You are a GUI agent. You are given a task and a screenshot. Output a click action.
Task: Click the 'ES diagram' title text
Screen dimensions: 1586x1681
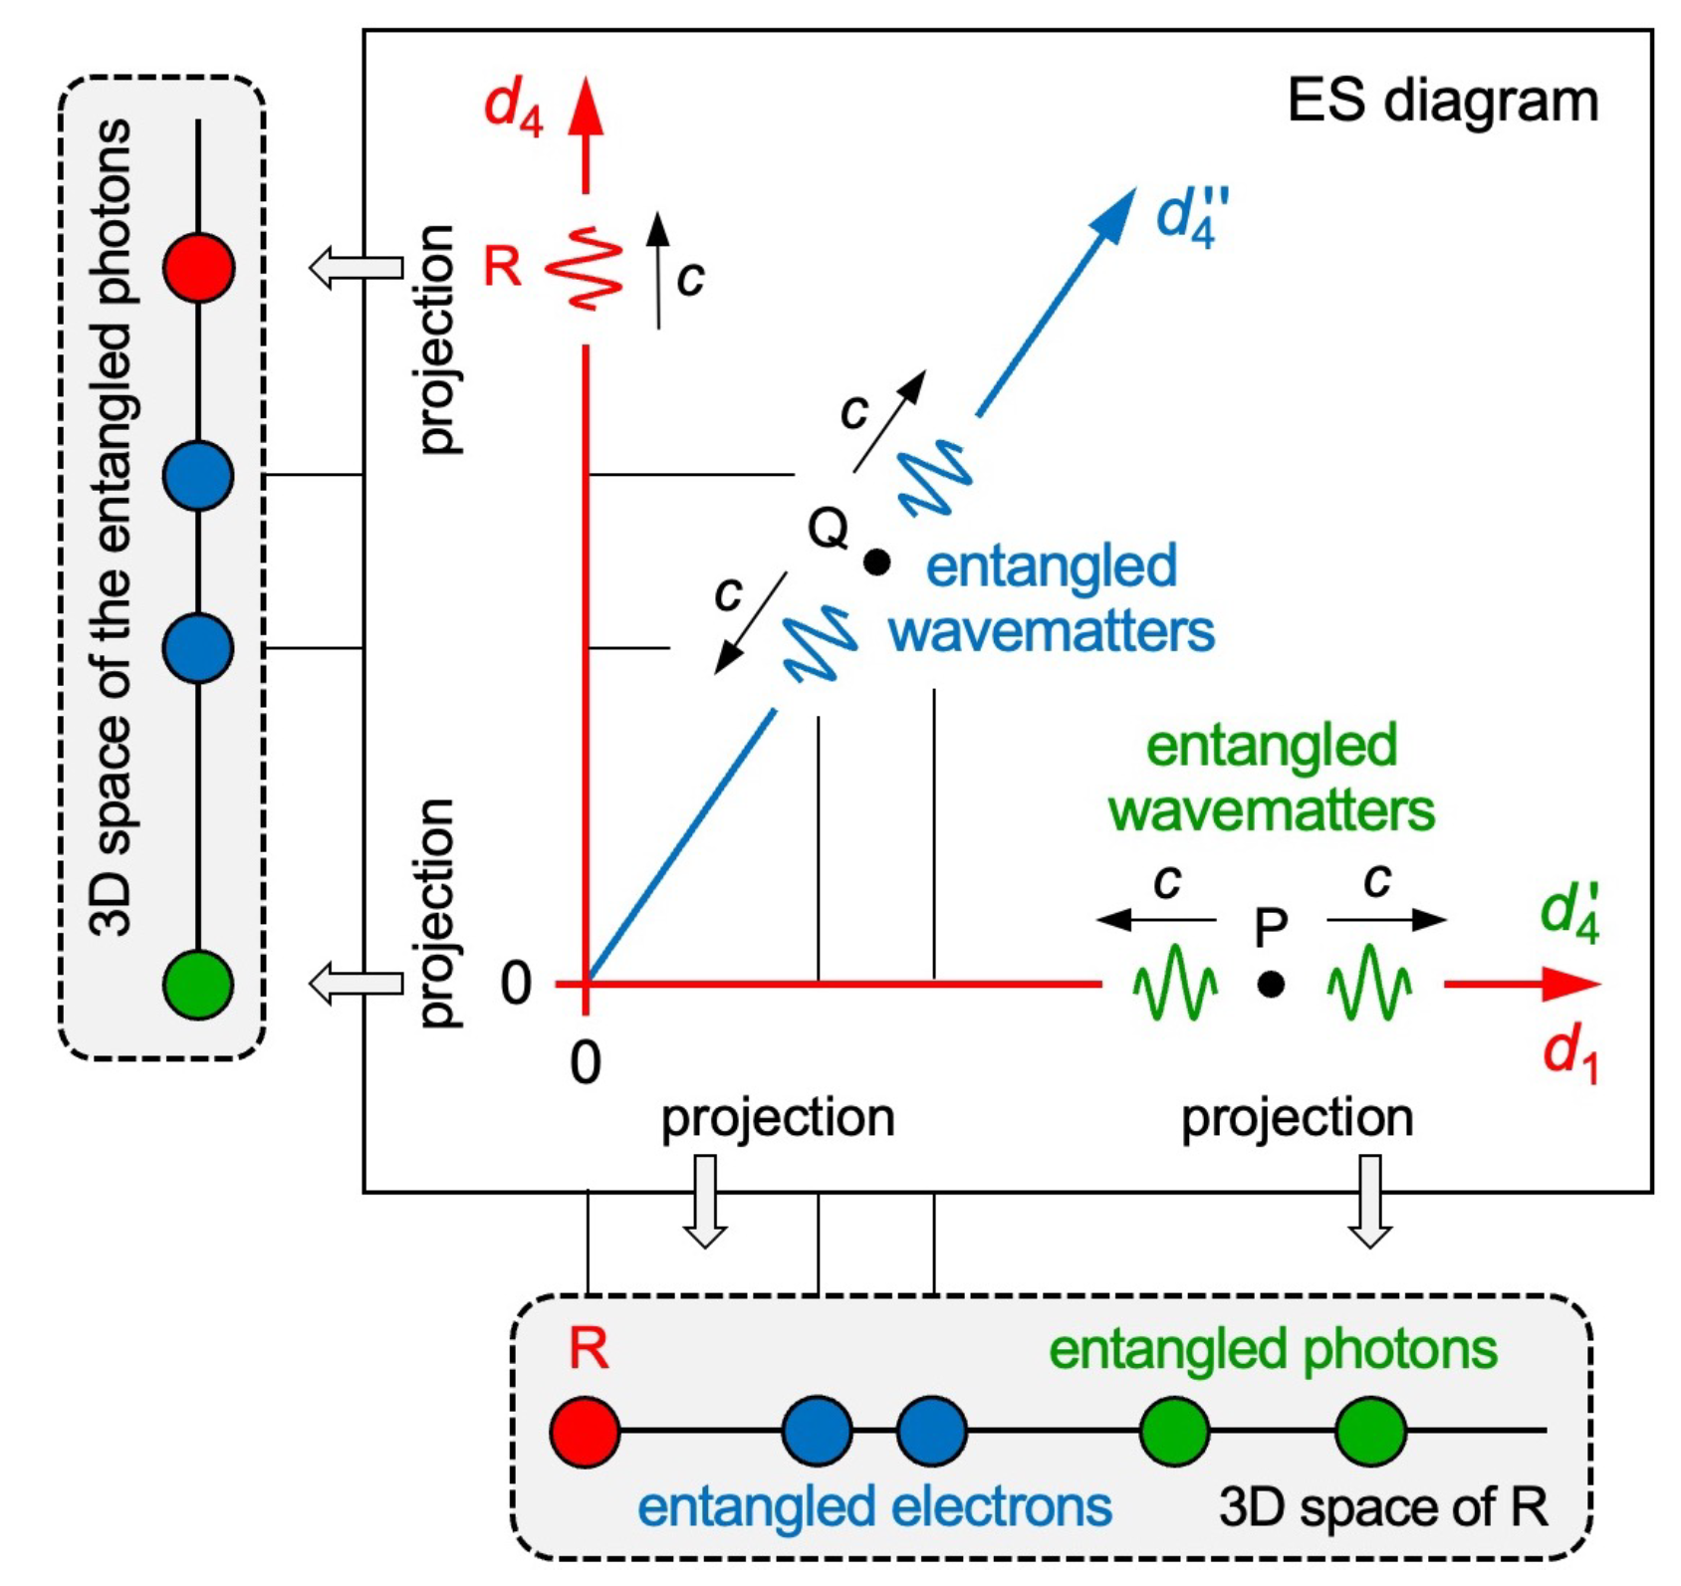tap(1441, 102)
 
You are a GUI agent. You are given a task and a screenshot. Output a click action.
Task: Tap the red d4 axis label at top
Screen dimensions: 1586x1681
tap(514, 107)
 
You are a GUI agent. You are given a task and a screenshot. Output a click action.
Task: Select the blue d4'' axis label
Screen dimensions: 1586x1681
tap(1192, 217)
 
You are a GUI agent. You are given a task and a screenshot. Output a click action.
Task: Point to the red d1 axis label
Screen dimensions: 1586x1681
tap(1569, 1054)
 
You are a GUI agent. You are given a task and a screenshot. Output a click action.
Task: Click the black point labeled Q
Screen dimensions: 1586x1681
tap(876, 563)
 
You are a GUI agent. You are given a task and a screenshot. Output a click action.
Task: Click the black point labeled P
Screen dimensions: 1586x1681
tap(1270, 985)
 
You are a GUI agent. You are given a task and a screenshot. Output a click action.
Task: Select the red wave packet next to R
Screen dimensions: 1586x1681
tap(585, 268)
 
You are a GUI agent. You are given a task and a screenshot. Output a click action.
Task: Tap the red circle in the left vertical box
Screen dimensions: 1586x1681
tap(199, 268)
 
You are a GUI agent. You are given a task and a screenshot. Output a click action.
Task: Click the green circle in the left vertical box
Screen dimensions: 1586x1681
tap(199, 984)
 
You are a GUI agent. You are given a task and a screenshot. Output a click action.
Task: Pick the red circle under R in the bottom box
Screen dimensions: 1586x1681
tap(585, 1432)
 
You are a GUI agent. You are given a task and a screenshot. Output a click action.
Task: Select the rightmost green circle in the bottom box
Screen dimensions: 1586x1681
tap(1370, 1432)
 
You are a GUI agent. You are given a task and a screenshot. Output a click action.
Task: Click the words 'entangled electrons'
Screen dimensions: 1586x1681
tap(874, 1506)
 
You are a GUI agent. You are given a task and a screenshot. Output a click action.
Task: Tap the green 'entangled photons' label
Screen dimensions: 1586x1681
tap(1273, 1350)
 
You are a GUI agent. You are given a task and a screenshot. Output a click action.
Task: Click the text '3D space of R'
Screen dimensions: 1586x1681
tap(1383, 1506)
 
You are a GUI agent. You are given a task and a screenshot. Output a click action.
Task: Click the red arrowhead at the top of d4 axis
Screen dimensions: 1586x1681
tap(586, 108)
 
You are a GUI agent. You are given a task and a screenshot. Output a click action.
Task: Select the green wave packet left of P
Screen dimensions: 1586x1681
tap(1175, 984)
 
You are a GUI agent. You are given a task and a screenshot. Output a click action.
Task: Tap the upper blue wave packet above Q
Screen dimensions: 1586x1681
tap(934, 477)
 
